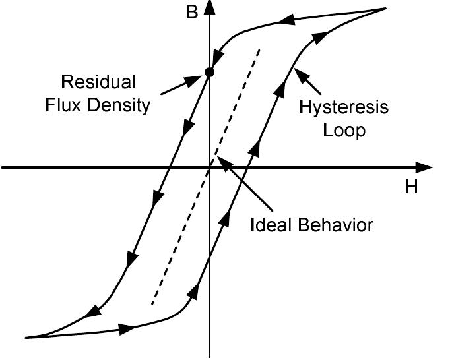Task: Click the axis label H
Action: [411, 187]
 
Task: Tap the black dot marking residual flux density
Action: [209, 72]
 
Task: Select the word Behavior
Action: [337, 224]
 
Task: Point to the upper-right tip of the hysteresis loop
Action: [385, 9]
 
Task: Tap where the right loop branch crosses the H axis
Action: [249, 167]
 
